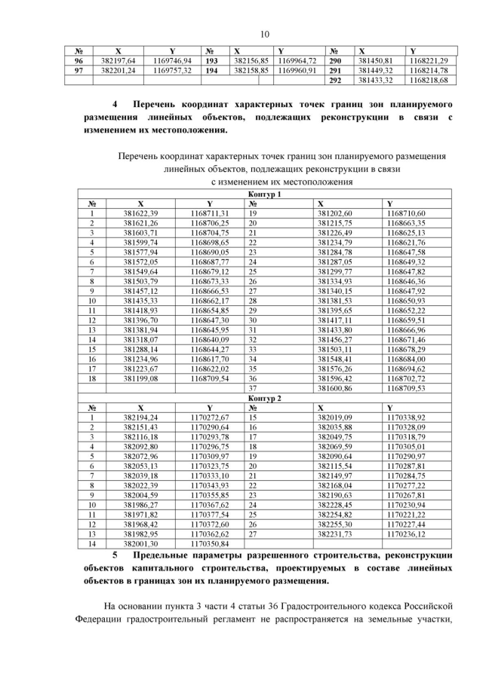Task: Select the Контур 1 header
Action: pyautogui.click(x=265, y=194)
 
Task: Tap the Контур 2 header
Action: pyautogui.click(x=265, y=397)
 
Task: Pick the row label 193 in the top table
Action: pyautogui.click(x=212, y=60)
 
